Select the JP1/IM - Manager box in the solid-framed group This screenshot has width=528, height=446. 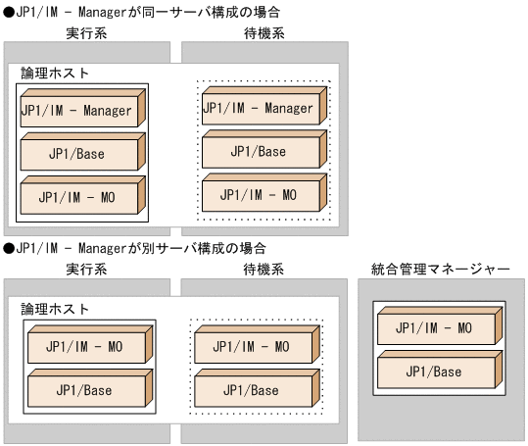pos(76,111)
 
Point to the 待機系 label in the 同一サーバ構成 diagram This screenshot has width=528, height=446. pos(262,34)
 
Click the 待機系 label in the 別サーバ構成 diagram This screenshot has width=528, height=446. pos(262,269)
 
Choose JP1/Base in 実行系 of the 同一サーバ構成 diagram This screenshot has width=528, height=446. pos(76,153)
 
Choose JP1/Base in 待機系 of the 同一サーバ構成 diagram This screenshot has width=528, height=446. pos(259,151)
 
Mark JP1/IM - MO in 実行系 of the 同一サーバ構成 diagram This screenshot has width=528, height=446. pos(76,196)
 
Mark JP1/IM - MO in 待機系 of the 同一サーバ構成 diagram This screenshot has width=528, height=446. pos(259,193)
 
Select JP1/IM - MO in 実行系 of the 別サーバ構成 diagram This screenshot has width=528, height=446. pos(84,346)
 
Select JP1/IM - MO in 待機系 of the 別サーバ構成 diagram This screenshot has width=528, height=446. pos(251,346)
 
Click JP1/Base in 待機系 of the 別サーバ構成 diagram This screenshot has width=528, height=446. pos(251,389)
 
